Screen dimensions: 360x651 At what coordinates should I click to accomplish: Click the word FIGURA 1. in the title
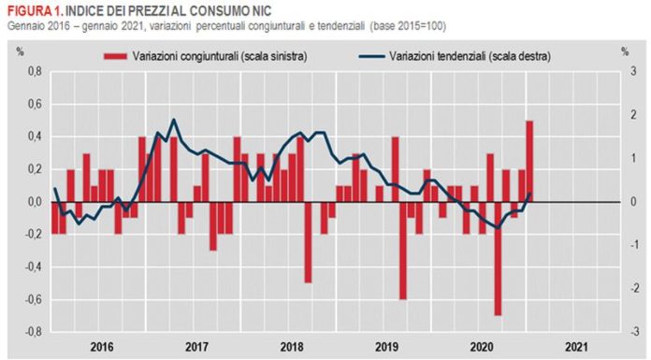tap(31, 8)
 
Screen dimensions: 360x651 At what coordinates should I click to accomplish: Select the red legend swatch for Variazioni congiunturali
tap(114, 56)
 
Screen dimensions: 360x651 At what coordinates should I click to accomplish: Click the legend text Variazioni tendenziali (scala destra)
tap(469, 56)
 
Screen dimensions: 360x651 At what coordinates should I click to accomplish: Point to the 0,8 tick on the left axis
tap(34, 72)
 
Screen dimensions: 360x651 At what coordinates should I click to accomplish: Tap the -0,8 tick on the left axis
tap(33, 332)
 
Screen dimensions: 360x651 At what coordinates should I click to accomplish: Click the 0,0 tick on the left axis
tap(34, 202)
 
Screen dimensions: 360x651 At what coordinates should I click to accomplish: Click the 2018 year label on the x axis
tap(292, 346)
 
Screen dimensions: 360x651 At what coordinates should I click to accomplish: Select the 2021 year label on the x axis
tap(577, 346)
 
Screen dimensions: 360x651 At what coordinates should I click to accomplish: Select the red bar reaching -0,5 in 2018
tap(308, 241)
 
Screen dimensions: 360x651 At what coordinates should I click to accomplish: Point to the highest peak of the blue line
tap(173, 120)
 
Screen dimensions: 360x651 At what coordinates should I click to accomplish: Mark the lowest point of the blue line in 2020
tap(497, 227)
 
